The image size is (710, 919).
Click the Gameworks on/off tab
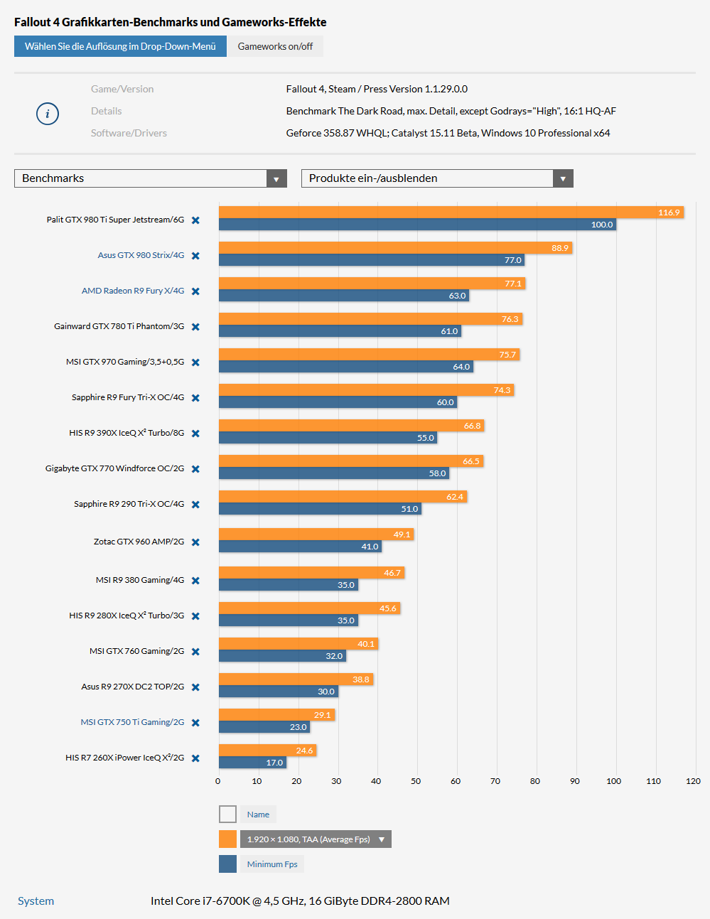click(x=275, y=46)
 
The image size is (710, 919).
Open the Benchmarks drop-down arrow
click(x=276, y=178)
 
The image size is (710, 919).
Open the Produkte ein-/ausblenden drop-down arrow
click(x=563, y=178)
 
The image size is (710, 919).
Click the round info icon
click(x=48, y=114)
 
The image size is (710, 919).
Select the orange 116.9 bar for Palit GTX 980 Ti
click(x=451, y=213)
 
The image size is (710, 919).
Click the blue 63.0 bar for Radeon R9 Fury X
click(x=343, y=296)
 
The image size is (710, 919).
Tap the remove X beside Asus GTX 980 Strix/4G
click(x=195, y=256)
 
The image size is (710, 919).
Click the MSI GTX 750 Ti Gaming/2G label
click(x=132, y=722)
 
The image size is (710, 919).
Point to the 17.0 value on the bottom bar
click(x=274, y=763)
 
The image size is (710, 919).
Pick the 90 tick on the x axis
click(x=574, y=781)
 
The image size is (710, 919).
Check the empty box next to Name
click(x=227, y=814)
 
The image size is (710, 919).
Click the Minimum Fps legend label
click(x=272, y=864)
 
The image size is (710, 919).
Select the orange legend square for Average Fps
click(x=227, y=839)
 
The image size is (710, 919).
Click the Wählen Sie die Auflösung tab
click(x=120, y=46)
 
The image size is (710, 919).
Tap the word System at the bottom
click(x=36, y=901)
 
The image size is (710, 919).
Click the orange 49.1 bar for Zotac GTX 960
click(x=316, y=534)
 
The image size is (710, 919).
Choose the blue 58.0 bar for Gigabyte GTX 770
click(x=333, y=473)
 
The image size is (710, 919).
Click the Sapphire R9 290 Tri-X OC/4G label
click(x=129, y=504)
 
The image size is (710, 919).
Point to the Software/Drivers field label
click(x=129, y=133)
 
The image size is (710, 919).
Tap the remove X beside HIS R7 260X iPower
click(x=195, y=758)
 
